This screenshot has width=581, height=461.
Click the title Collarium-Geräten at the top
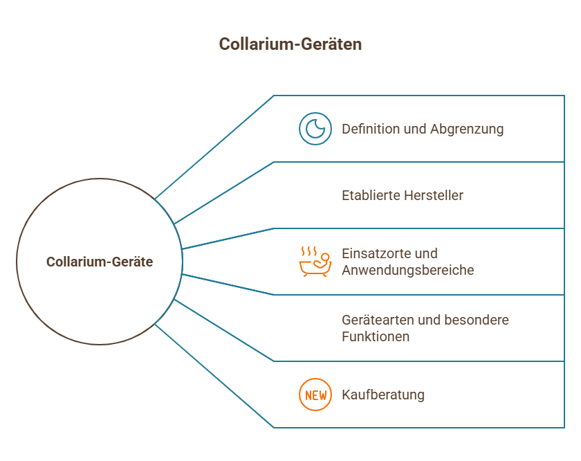pyautogui.click(x=290, y=44)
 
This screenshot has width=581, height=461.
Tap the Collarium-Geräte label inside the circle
pyautogui.click(x=100, y=262)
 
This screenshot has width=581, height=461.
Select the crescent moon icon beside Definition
pyautogui.click(x=315, y=129)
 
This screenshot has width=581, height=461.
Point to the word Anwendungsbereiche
pyautogui.click(x=407, y=270)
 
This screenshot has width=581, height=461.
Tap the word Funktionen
pyautogui.click(x=376, y=336)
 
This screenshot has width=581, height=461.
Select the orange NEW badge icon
pyautogui.click(x=315, y=395)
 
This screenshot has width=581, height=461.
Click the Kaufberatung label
pyautogui.click(x=382, y=395)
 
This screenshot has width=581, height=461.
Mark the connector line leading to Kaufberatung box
pyautogui.click(x=214, y=377)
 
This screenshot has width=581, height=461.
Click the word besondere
pyautogui.click(x=478, y=320)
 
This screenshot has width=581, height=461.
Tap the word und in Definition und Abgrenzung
pyautogui.click(x=414, y=129)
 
